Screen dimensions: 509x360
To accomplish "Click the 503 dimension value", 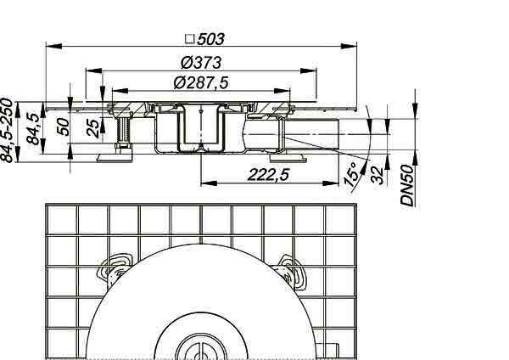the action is [x=210, y=39].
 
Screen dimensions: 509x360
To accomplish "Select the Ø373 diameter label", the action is [x=201, y=63].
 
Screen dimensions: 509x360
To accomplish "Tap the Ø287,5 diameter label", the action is [x=201, y=82].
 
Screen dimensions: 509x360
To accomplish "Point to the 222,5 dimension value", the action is [x=268, y=175].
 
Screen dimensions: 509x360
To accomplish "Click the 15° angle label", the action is [x=353, y=174].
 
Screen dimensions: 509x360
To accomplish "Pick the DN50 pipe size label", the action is [x=407, y=186].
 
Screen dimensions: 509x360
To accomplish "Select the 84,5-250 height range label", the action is [x=7, y=130].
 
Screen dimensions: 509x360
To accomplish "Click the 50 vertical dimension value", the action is [x=64, y=127].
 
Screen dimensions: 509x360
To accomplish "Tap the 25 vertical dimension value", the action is [x=93, y=128].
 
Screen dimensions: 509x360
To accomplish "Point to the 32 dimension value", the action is [x=378, y=176].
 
